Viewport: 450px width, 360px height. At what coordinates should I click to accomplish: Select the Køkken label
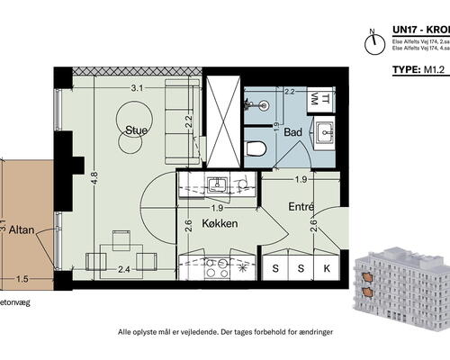[220, 223]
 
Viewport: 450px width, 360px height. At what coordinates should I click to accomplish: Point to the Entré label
[300, 208]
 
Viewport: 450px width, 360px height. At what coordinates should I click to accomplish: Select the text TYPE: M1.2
[420, 67]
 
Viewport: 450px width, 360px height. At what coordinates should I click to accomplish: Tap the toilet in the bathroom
[256, 148]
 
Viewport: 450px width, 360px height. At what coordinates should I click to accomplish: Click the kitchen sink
[216, 185]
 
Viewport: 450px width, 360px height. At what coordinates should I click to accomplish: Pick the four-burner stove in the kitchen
[216, 267]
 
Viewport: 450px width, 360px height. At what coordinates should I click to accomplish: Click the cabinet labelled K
[327, 268]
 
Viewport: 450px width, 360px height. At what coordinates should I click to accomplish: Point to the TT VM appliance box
[319, 100]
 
